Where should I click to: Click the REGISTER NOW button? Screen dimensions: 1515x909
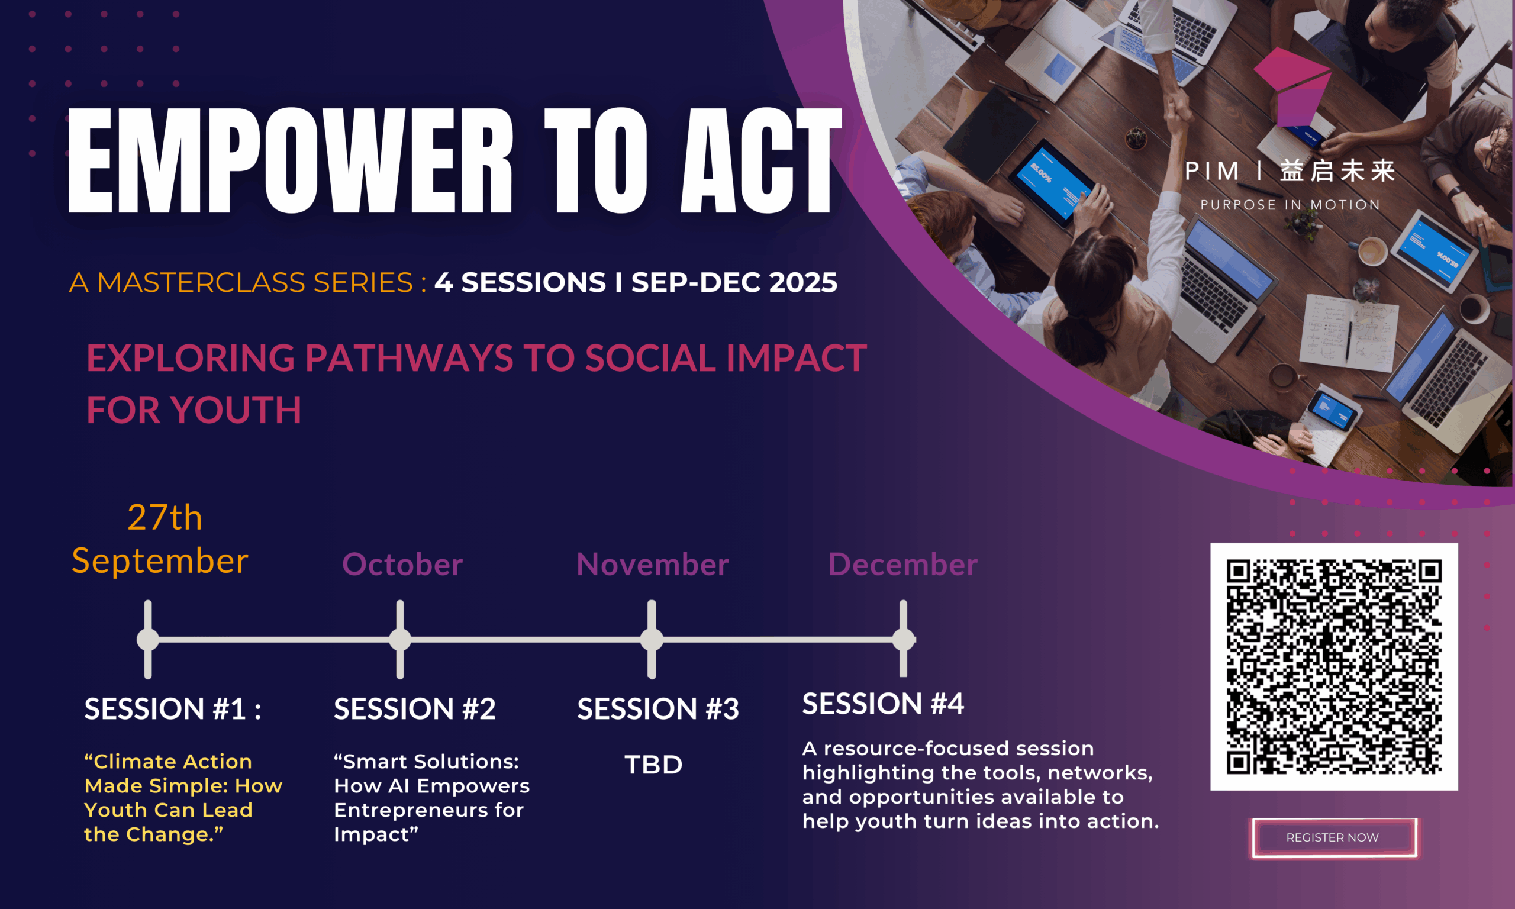tap(1334, 837)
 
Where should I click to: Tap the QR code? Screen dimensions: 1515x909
tap(1334, 666)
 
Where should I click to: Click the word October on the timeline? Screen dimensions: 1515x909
tap(402, 564)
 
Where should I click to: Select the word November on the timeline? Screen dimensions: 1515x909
tap(652, 564)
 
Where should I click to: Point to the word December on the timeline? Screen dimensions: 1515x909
tap(902, 564)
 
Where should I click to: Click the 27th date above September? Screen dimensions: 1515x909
tap(165, 518)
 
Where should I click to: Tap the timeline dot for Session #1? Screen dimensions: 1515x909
tap(147, 640)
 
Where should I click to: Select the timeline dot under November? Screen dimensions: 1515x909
tap(652, 640)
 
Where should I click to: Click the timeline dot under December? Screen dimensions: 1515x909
tap(903, 640)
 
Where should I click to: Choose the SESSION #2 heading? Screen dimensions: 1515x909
tap(415, 709)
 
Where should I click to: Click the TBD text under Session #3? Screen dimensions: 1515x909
tap(653, 765)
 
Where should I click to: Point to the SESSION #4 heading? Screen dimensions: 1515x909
tap(883, 703)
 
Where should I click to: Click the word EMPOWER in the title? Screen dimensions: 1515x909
tap(289, 160)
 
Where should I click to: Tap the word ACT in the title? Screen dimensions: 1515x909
tap(761, 160)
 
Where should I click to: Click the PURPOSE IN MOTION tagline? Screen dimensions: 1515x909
tap(1290, 205)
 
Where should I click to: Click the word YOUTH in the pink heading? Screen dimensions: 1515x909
tap(236, 410)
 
